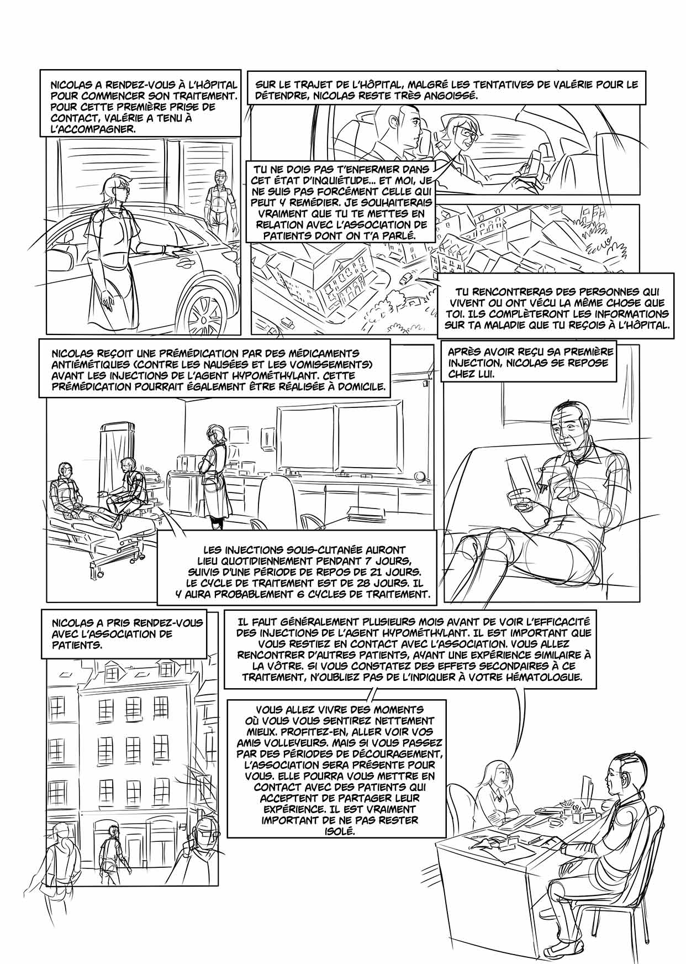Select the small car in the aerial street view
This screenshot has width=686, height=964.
click(407, 277)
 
